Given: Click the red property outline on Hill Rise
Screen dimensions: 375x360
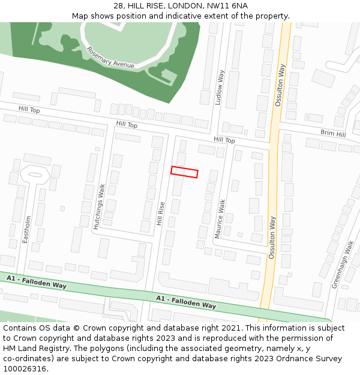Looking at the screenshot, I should (184, 172).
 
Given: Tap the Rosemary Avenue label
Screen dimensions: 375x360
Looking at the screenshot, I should (110, 58).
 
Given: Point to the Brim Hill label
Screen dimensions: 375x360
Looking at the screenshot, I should (333, 134).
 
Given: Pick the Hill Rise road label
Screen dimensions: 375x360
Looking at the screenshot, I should (160, 213).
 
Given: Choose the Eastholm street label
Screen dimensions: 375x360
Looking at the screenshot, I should (26, 230).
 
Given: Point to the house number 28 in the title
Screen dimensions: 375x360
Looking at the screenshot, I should (118, 5).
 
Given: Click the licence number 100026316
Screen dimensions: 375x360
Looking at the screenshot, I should (25, 369).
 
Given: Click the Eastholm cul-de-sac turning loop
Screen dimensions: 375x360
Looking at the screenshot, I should (35, 175).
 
